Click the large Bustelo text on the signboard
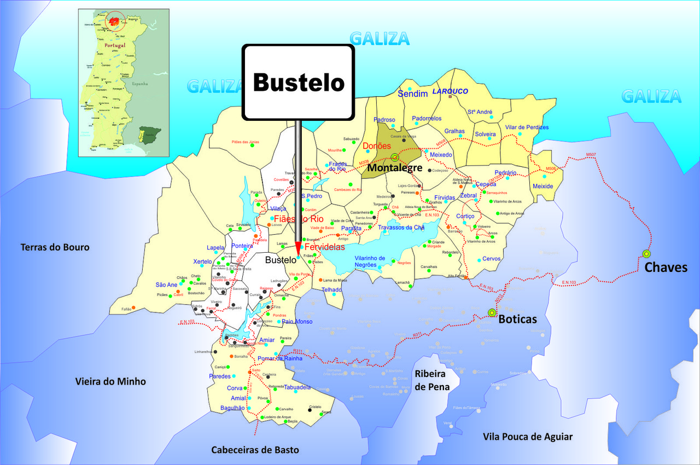[x=299, y=83]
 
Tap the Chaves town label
[x=666, y=268]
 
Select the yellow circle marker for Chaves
[x=646, y=254]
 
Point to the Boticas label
[x=517, y=319]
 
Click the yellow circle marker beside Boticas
[x=491, y=313]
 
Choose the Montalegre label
[x=394, y=167]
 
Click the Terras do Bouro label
[x=55, y=247]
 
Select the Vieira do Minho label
[x=110, y=381]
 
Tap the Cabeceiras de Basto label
[x=255, y=450]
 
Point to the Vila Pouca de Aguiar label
[x=528, y=436]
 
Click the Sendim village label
[x=412, y=94]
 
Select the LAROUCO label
[x=451, y=91]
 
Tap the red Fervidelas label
[x=325, y=247]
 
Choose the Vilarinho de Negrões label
[x=370, y=261]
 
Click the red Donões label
[x=377, y=146]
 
